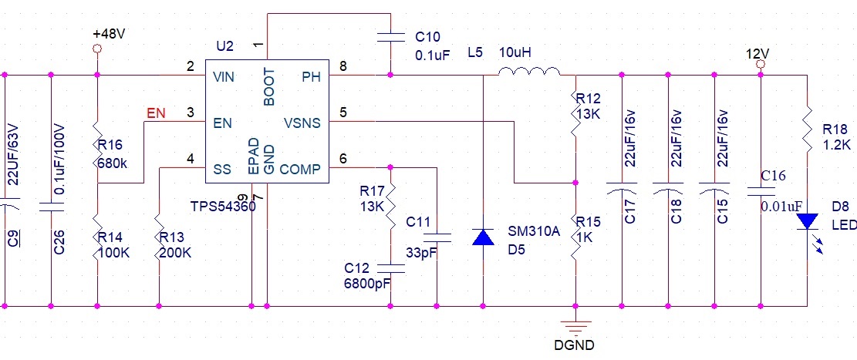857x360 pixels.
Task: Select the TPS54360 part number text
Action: click(223, 207)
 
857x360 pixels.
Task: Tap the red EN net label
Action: click(156, 114)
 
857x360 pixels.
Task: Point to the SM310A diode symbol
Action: click(483, 237)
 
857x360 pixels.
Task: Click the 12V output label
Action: click(758, 54)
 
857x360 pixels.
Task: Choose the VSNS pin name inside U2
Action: click(302, 122)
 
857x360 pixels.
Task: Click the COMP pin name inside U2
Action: click(300, 169)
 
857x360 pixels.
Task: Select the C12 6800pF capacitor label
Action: click(366, 276)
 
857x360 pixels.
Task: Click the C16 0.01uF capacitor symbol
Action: click(761, 190)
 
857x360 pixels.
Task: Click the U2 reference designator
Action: click(224, 46)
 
